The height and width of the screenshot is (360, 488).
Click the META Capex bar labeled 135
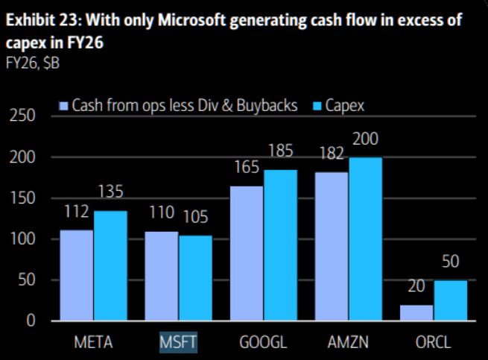pos(110,266)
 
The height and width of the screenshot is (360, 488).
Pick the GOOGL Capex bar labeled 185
pos(280,246)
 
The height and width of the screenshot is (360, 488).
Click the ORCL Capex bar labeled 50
pos(450,301)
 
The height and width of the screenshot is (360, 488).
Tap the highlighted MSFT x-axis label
pos(179,343)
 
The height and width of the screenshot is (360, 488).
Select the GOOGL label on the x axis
pos(264,343)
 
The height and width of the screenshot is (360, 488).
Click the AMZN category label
pos(348,343)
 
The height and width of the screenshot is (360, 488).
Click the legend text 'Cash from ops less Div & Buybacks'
pos(184,106)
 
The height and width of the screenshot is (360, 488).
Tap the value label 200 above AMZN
pos(366,139)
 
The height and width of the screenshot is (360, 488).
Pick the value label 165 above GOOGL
pos(247,168)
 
